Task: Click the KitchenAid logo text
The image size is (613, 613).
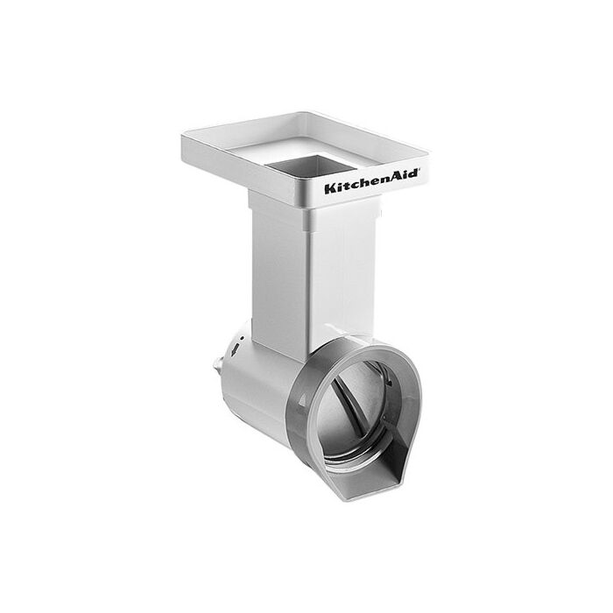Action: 371,181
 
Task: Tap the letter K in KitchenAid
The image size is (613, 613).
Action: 330,188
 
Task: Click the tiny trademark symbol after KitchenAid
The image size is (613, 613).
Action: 419,171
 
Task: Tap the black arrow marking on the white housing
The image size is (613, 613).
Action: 235,349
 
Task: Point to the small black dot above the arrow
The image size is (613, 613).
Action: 243,337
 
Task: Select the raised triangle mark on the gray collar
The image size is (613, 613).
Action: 303,400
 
